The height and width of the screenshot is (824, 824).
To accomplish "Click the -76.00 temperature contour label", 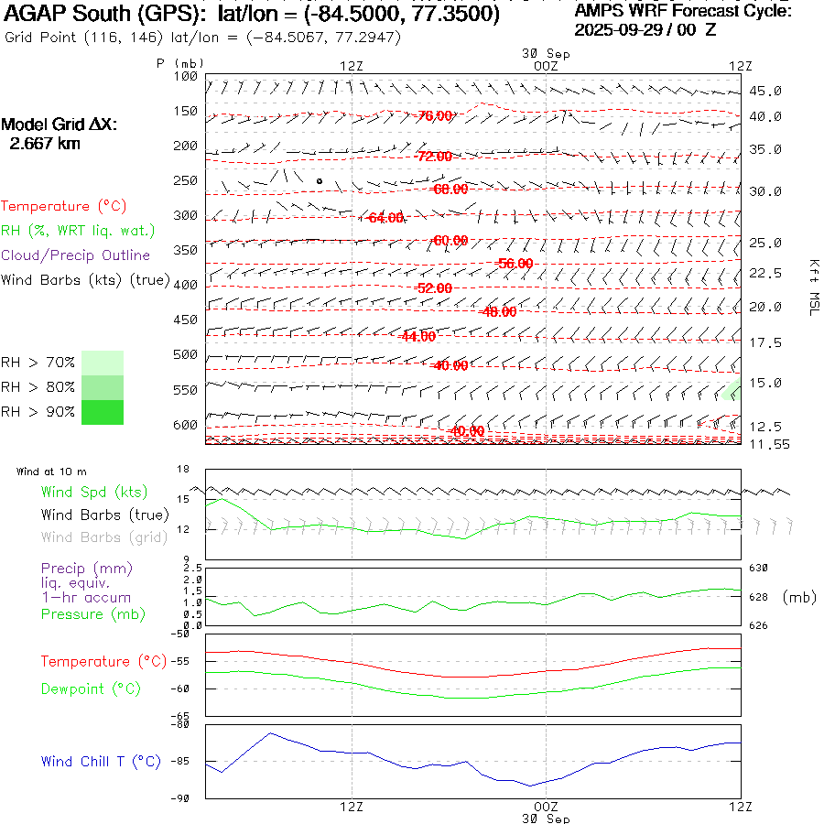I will click(x=434, y=116).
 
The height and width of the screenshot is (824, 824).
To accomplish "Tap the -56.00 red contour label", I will click(x=513, y=263).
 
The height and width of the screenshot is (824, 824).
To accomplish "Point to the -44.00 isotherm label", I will click(x=417, y=336).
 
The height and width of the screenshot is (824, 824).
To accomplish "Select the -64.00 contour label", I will click(x=384, y=218).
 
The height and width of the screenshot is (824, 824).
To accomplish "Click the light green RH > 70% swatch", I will click(x=103, y=363).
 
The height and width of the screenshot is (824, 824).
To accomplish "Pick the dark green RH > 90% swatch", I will click(x=103, y=412).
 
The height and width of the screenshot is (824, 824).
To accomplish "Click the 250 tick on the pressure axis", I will click(x=186, y=180).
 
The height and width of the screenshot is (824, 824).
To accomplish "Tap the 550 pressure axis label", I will click(x=186, y=390).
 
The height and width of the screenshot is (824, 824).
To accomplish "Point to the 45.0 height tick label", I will click(x=765, y=92).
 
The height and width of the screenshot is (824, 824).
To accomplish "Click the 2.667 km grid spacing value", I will click(x=41, y=143).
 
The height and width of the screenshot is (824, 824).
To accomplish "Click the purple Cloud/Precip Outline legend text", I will click(x=75, y=255).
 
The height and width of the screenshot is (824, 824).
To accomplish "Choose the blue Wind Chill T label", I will click(x=101, y=761).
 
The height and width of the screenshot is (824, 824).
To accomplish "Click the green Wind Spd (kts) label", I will click(x=93, y=493).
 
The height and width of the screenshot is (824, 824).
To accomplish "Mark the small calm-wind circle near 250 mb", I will click(x=319, y=181).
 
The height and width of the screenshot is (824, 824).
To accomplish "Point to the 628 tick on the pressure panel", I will click(x=760, y=597).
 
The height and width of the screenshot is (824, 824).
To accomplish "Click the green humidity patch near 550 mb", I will click(x=731, y=392).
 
